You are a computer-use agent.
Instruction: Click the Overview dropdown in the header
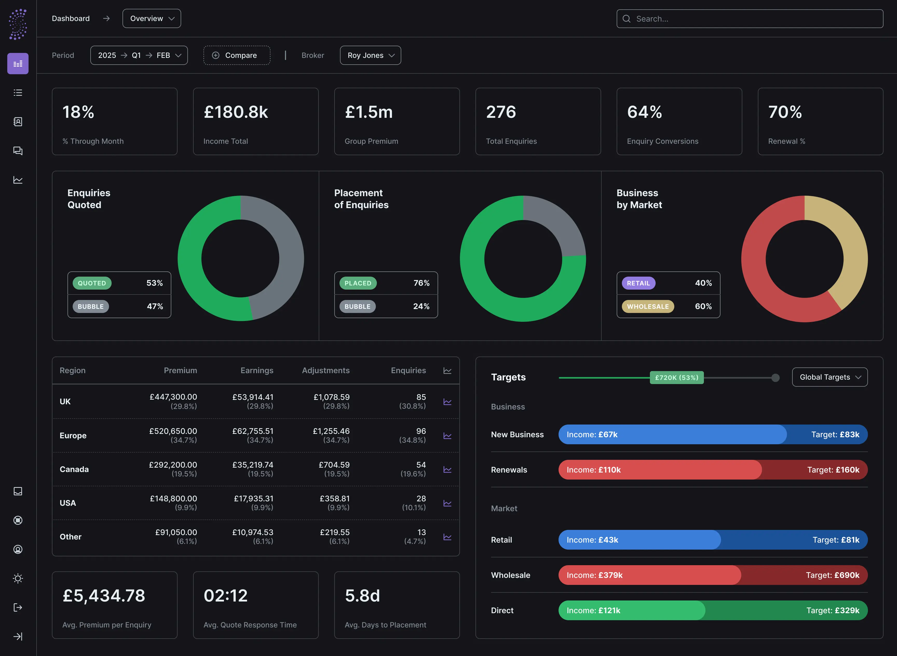(152, 19)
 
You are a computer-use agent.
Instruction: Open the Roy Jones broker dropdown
(370, 55)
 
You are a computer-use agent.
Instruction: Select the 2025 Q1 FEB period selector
(139, 55)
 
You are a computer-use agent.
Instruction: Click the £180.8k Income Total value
(236, 112)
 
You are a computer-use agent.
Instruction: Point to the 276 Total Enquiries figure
(501, 112)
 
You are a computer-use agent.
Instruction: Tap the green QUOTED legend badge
(92, 283)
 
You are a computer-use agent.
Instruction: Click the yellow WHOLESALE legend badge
(648, 306)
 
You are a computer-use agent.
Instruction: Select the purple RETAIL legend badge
(638, 283)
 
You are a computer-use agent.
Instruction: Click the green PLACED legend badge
(357, 283)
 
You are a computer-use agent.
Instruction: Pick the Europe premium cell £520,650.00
(173, 431)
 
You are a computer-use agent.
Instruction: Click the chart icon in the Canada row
(447, 469)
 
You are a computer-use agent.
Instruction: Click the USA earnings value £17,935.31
(253, 499)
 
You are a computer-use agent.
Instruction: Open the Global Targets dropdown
(830, 377)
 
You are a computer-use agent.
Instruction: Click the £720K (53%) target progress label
(677, 378)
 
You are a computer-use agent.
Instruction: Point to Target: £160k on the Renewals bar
(833, 470)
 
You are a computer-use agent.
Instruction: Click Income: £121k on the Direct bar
(593, 610)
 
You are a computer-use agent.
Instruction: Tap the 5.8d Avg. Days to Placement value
(362, 596)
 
